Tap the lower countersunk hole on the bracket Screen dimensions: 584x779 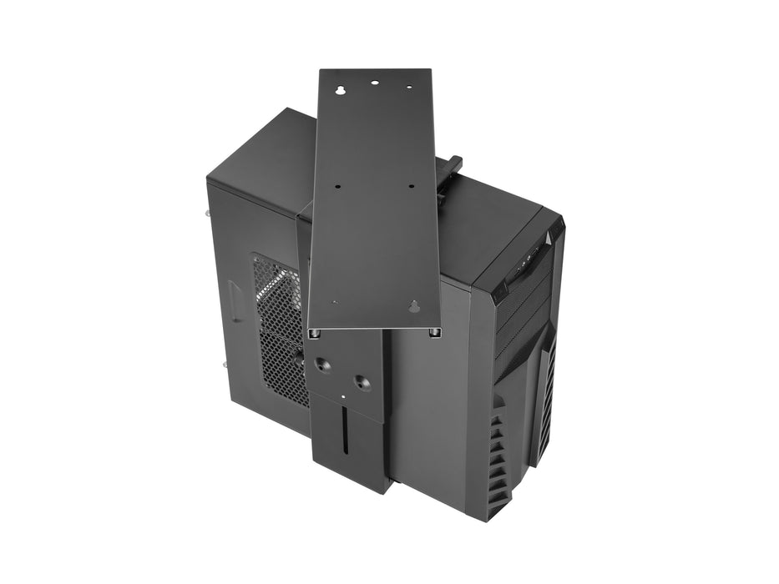[x=360, y=381]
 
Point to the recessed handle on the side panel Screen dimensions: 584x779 [x=235, y=301]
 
